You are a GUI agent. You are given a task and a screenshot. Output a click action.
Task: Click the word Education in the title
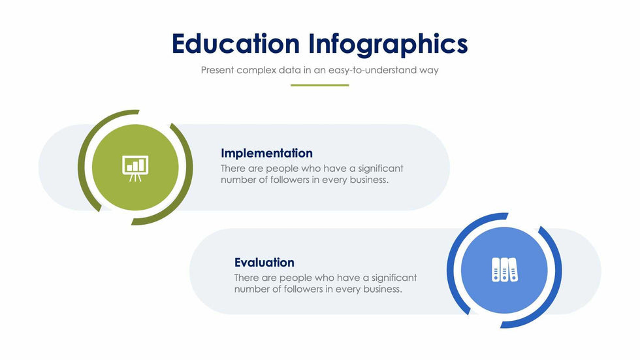pyautogui.click(x=236, y=44)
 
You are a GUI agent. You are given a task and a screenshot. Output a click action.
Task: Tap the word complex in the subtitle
pyautogui.click(x=256, y=70)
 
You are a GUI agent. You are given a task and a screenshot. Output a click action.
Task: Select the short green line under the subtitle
pyautogui.click(x=319, y=86)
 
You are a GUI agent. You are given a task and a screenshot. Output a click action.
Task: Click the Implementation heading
pyautogui.click(x=266, y=153)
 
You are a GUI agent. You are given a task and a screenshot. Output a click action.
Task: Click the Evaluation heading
pyautogui.click(x=264, y=263)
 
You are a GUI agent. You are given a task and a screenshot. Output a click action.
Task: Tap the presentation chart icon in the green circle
pyautogui.click(x=135, y=168)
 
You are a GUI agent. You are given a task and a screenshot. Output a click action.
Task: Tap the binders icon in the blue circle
pyautogui.click(x=504, y=269)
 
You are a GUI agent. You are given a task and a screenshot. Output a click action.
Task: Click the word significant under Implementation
pyautogui.click(x=380, y=169)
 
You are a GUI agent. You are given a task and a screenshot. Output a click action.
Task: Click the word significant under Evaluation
pyautogui.click(x=394, y=278)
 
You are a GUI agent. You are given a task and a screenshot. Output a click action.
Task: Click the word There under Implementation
pyautogui.click(x=233, y=169)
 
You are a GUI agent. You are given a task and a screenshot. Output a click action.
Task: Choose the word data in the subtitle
pyautogui.click(x=289, y=70)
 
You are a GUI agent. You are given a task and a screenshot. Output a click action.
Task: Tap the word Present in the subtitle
pyautogui.click(x=217, y=70)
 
